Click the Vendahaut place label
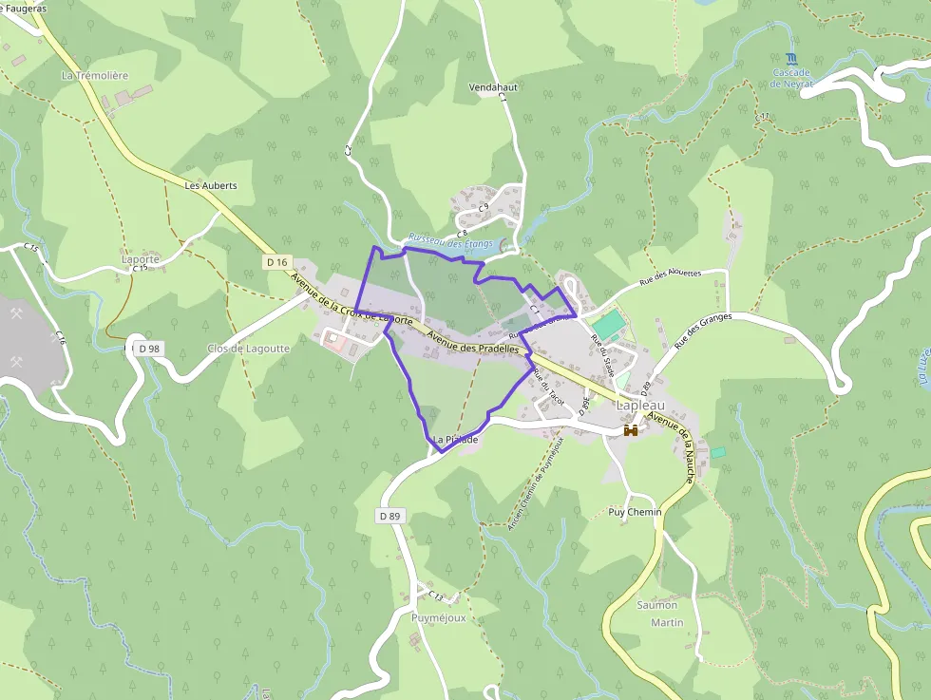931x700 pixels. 491,86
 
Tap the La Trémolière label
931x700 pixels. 94,75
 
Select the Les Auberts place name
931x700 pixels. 211,185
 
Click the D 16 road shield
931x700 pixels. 276,261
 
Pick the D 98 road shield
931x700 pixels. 148,349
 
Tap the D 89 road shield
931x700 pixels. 389,516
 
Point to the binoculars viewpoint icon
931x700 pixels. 631,430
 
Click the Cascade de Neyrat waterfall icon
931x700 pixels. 792,59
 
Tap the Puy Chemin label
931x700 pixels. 634,512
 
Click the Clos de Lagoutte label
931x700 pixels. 248,349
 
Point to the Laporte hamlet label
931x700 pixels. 141,258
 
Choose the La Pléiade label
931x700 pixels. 455,440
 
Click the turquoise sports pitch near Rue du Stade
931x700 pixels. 609,324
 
